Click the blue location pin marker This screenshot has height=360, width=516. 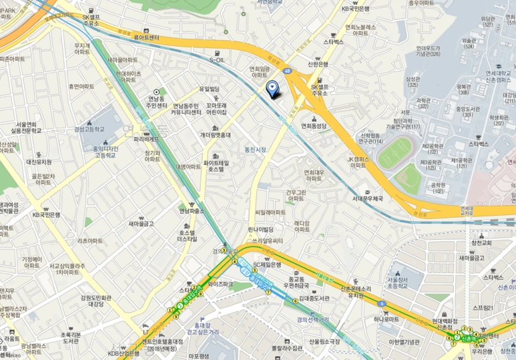click(x=272, y=87)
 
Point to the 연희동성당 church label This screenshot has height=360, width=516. click(x=314, y=125)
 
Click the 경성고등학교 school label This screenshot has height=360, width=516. click(x=89, y=128)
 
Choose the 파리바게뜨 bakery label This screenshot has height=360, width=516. click(x=147, y=139)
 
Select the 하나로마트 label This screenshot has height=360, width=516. click(x=386, y=319)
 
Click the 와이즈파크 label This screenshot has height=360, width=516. click(x=220, y=284)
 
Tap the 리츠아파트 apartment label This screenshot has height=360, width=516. click(x=93, y=240)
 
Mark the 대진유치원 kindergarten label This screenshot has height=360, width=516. click(x=39, y=162)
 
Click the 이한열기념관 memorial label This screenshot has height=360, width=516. click(x=404, y=342)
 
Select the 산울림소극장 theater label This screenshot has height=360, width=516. click(x=324, y=342)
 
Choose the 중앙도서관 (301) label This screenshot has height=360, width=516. click(x=469, y=111)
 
